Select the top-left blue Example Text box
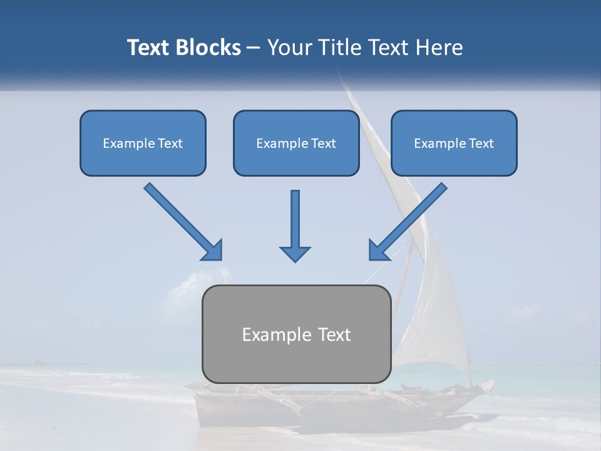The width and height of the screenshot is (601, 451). click(x=143, y=143)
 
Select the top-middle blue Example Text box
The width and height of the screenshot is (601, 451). click(x=296, y=143)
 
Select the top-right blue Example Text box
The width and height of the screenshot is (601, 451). click(x=454, y=143)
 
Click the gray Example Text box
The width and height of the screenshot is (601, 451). click(x=296, y=334)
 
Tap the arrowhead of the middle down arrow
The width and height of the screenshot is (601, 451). click(x=295, y=253)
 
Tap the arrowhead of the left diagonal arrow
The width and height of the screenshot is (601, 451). click(x=213, y=251)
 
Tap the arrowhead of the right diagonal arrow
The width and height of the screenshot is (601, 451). click(x=378, y=250)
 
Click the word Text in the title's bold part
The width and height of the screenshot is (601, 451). click(x=149, y=48)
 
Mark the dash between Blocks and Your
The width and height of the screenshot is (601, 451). click(x=254, y=48)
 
